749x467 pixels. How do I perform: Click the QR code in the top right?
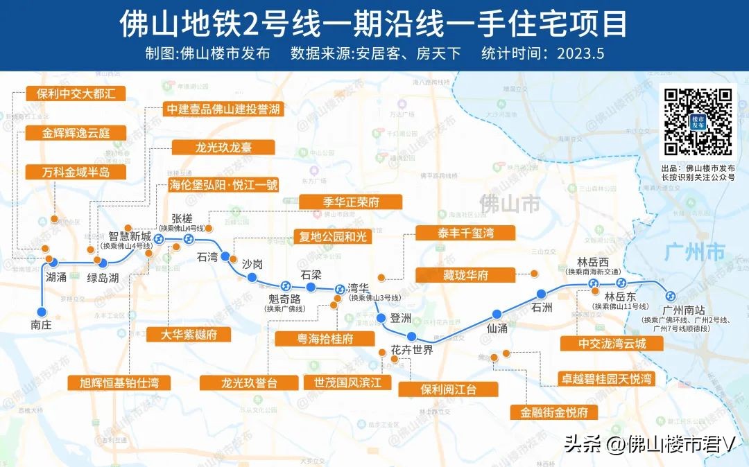(698, 122)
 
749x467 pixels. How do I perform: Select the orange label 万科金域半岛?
(67, 172)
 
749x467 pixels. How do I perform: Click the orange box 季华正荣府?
(351, 202)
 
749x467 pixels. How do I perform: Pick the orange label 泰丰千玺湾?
(465, 233)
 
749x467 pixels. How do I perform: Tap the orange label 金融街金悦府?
(553, 412)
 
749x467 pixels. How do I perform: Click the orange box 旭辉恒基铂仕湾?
(119, 382)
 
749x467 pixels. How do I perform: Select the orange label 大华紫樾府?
(188, 335)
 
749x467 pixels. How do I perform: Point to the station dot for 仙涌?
(497, 314)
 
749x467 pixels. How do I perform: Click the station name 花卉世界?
(412, 350)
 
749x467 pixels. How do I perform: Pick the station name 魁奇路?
(284, 299)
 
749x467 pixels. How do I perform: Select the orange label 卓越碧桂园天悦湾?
(606, 379)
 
